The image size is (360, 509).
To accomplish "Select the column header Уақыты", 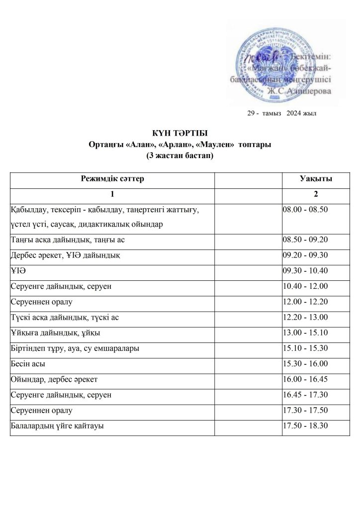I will pyautogui.click(x=316, y=179).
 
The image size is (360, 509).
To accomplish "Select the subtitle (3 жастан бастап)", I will pyautogui.click(x=179, y=156).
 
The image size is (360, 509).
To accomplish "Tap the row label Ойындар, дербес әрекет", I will pyautogui.click(x=54, y=379).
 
